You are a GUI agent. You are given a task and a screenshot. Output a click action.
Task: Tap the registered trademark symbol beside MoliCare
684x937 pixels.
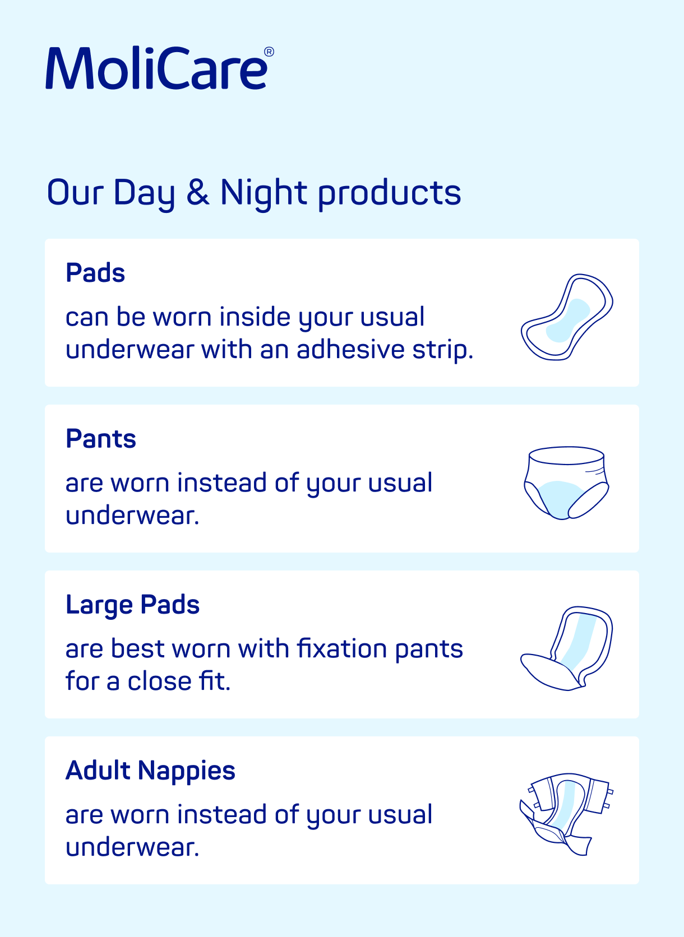[269, 52]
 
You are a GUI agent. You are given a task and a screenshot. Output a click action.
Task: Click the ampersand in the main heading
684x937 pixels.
[198, 192]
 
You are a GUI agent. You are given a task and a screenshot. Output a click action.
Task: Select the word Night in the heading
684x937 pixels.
[264, 193]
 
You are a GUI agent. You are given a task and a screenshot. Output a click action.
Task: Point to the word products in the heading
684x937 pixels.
[390, 193]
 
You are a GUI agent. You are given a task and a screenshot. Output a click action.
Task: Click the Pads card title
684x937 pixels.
[95, 273]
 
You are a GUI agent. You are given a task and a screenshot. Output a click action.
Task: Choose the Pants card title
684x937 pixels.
[101, 439]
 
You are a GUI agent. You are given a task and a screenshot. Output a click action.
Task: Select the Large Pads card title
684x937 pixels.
[132, 605]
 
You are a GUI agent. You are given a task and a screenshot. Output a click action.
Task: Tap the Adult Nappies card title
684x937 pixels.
[150, 771]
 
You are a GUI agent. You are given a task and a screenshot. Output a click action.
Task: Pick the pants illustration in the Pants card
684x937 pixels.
[566, 483]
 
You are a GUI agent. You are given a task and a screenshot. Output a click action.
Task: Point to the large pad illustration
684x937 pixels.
[567, 648]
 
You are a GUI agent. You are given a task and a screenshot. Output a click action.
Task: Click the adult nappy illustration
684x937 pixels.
[566, 814]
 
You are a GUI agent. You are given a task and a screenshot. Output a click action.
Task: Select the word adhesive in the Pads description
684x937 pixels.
[350, 350]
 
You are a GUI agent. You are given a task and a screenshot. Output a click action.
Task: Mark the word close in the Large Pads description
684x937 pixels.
[160, 681]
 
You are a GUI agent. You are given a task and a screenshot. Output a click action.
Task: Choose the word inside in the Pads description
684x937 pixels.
[255, 317]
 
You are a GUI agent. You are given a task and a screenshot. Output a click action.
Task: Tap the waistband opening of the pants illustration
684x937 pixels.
[566, 456]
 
